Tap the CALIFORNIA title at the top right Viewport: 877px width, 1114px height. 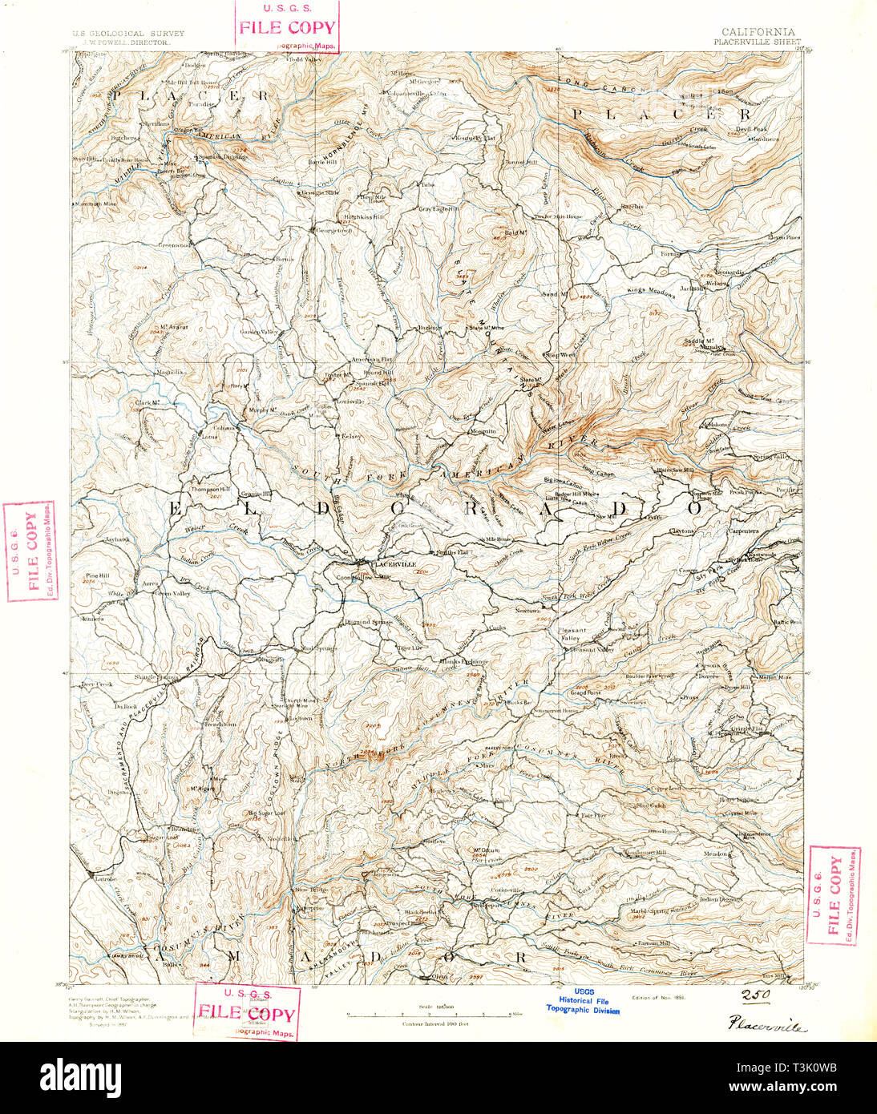[752, 32]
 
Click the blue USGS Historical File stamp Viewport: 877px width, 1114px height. [583, 1001]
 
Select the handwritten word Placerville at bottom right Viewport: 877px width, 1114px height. [768, 1025]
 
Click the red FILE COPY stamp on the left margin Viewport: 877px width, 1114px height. [31, 551]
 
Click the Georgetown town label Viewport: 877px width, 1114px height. [334, 230]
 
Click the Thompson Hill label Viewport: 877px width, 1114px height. [210, 489]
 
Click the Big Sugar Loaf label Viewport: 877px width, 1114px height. [244, 813]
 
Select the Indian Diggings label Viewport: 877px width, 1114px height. [718, 899]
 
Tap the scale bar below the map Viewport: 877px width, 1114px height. [429, 1014]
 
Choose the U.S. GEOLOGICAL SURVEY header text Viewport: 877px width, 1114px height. [128, 34]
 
